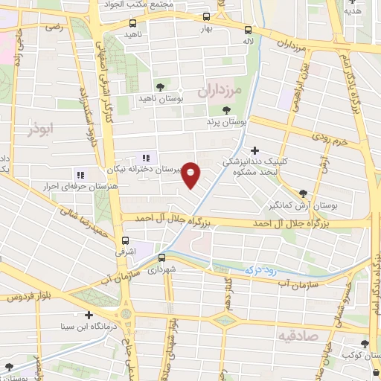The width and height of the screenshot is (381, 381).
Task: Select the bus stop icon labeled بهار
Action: click(x=206, y=17)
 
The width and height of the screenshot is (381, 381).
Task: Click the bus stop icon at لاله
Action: click(x=248, y=29)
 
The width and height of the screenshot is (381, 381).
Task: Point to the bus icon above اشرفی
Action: click(x=125, y=240)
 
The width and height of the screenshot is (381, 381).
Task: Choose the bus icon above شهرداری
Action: click(x=161, y=257)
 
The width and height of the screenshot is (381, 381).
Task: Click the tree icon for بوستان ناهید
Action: click(x=160, y=86)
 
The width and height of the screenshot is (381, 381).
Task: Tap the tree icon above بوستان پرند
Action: click(x=225, y=110)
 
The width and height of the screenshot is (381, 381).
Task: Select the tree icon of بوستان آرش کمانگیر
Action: click(x=302, y=193)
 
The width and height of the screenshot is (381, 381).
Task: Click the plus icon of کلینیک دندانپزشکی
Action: click(x=254, y=150)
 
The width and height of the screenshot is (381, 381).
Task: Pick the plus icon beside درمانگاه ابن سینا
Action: click(x=89, y=316)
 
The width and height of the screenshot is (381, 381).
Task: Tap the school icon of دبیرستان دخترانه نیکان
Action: click(x=146, y=158)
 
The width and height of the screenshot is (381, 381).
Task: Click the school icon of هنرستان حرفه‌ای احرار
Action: click(x=80, y=175)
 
